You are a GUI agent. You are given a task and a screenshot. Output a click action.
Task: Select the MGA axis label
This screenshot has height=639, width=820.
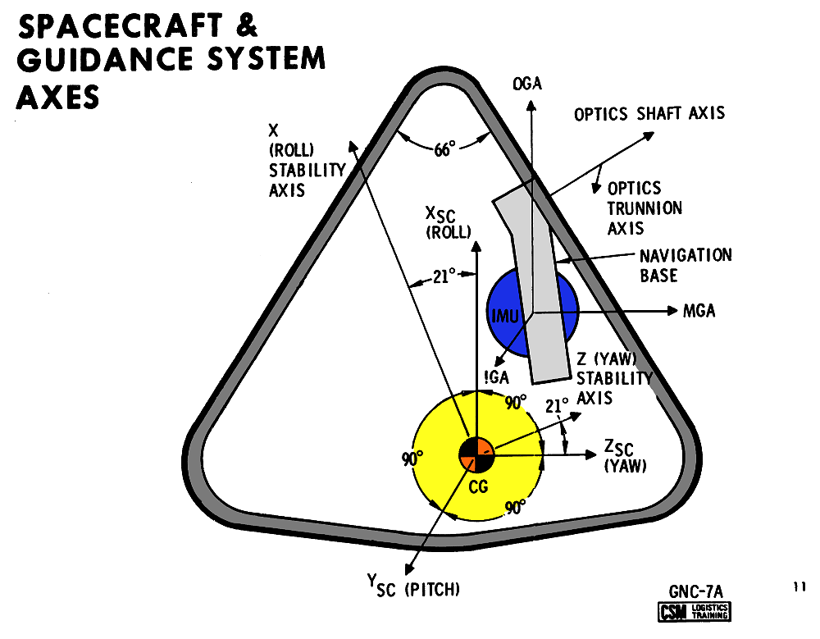click(699, 312)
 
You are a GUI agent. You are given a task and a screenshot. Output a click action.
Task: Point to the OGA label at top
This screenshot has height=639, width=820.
click(527, 84)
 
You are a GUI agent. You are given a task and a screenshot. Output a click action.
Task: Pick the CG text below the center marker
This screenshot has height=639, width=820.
click(477, 487)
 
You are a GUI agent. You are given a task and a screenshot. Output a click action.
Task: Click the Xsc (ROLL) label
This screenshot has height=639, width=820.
click(449, 222)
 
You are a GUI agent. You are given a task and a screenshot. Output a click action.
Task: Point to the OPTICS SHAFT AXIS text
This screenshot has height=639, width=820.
click(649, 113)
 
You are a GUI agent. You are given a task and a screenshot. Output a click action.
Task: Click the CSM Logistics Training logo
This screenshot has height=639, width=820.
click(695, 611)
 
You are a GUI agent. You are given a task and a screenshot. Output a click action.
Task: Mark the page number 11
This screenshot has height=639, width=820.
click(799, 587)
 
